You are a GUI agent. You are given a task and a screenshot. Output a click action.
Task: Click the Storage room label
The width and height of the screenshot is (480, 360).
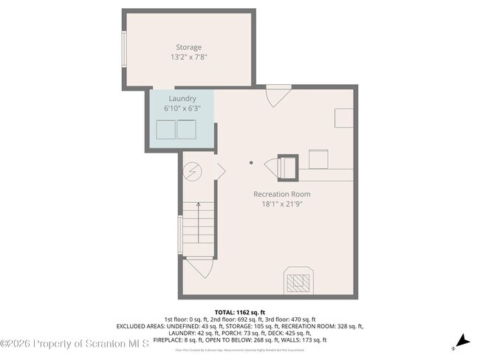pyautogui.click(x=188, y=47)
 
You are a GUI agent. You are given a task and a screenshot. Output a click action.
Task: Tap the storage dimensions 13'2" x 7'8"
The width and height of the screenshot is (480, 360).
pyautogui.click(x=188, y=57)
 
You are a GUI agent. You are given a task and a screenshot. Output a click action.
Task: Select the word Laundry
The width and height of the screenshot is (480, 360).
pyautogui.click(x=182, y=98)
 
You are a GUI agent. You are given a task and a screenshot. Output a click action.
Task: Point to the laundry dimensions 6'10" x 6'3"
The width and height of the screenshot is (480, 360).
pyautogui.click(x=182, y=108)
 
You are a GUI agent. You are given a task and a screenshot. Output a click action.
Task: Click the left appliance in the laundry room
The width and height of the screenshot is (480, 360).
pyautogui.click(x=165, y=129)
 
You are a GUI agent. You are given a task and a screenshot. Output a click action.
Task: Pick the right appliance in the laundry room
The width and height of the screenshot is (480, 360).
pyautogui.click(x=185, y=129)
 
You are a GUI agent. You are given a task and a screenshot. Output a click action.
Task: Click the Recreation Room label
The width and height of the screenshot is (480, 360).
pyautogui.click(x=281, y=194)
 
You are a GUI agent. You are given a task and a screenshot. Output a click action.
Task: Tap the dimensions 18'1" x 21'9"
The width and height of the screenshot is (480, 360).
pyautogui.click(x=281, y=204)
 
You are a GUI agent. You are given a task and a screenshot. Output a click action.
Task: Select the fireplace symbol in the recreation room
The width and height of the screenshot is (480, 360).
pyautogui.click(x=298, y=281)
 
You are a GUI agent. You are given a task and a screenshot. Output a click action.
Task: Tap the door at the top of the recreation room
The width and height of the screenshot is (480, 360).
pyautogui.click(x=278, y=96)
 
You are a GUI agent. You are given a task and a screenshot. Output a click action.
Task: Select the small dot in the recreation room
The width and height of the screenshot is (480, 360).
pyautogui.click(x=251, y=163)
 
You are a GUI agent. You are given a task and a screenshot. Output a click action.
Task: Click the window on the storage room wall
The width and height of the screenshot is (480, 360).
pyautogui.click(x=124, y=51)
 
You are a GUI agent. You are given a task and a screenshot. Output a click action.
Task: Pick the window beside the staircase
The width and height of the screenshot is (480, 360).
pyautogui.click(x=179, y=234)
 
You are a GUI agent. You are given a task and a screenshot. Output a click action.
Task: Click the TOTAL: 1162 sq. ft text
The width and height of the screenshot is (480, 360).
pyautogui.click(x=239, y=313)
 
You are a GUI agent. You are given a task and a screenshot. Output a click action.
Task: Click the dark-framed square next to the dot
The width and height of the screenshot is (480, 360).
pyautogui.click(x=287, y=165)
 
